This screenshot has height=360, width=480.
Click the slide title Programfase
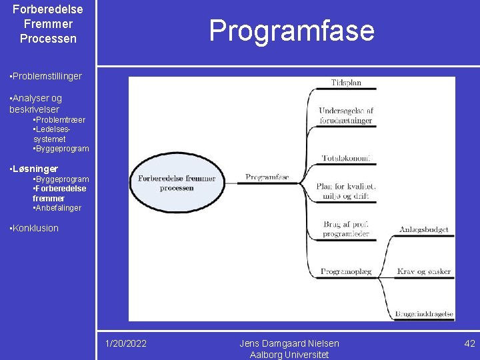tap(291, 31)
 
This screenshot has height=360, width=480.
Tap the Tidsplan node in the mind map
tap(346, 83)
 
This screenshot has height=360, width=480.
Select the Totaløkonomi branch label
tap(346, 159)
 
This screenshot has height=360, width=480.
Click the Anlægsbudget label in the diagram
tap(424, 230)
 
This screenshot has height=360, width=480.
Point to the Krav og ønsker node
tap(424, 271)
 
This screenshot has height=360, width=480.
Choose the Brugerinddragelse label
tap(424, 314)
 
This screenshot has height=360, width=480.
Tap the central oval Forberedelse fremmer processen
tap(177, 183)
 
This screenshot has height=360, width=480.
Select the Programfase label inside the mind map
tap(267, 177)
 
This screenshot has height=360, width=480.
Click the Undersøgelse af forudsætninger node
tap(346, 115)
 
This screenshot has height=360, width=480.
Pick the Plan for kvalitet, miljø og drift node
tap(346, 191)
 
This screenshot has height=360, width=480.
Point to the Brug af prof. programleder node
tap(345, 229)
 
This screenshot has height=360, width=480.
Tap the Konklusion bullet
tap(35, 228)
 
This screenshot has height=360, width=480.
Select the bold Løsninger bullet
tap(35, 169)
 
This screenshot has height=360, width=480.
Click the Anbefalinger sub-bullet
tap(57, 208)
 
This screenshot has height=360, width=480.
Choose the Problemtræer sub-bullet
tap(59, 120)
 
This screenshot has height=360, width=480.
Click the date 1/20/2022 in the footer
tap(126, 343)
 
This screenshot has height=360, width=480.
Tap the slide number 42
tap(469, 343)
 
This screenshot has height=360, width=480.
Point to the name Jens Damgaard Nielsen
tap(289, 343)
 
